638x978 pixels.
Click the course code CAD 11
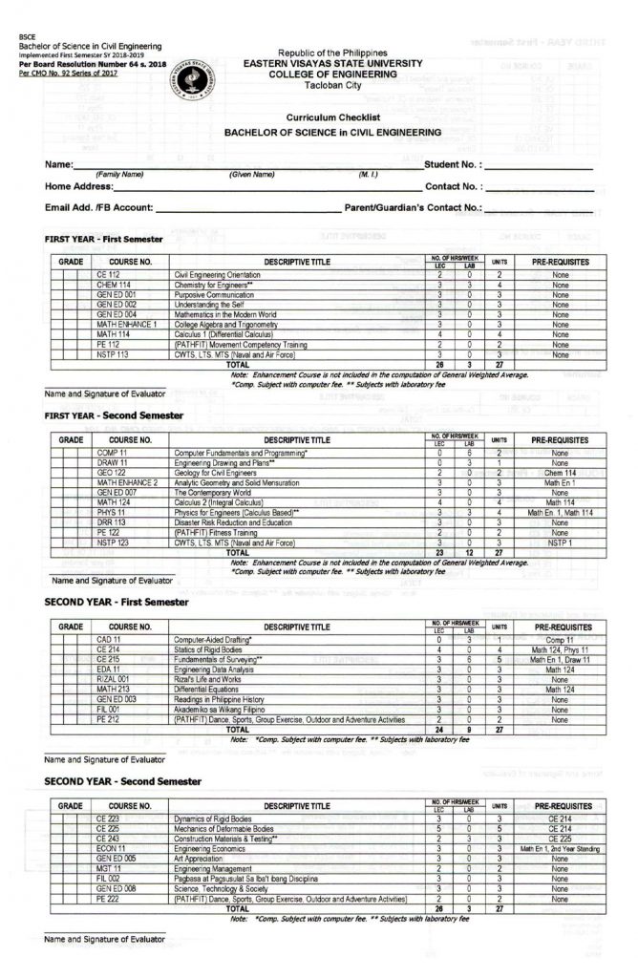point(109,639)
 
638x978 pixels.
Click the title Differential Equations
point(207,688)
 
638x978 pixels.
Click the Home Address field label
point(87,186)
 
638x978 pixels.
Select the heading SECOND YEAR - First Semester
point(114,604)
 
